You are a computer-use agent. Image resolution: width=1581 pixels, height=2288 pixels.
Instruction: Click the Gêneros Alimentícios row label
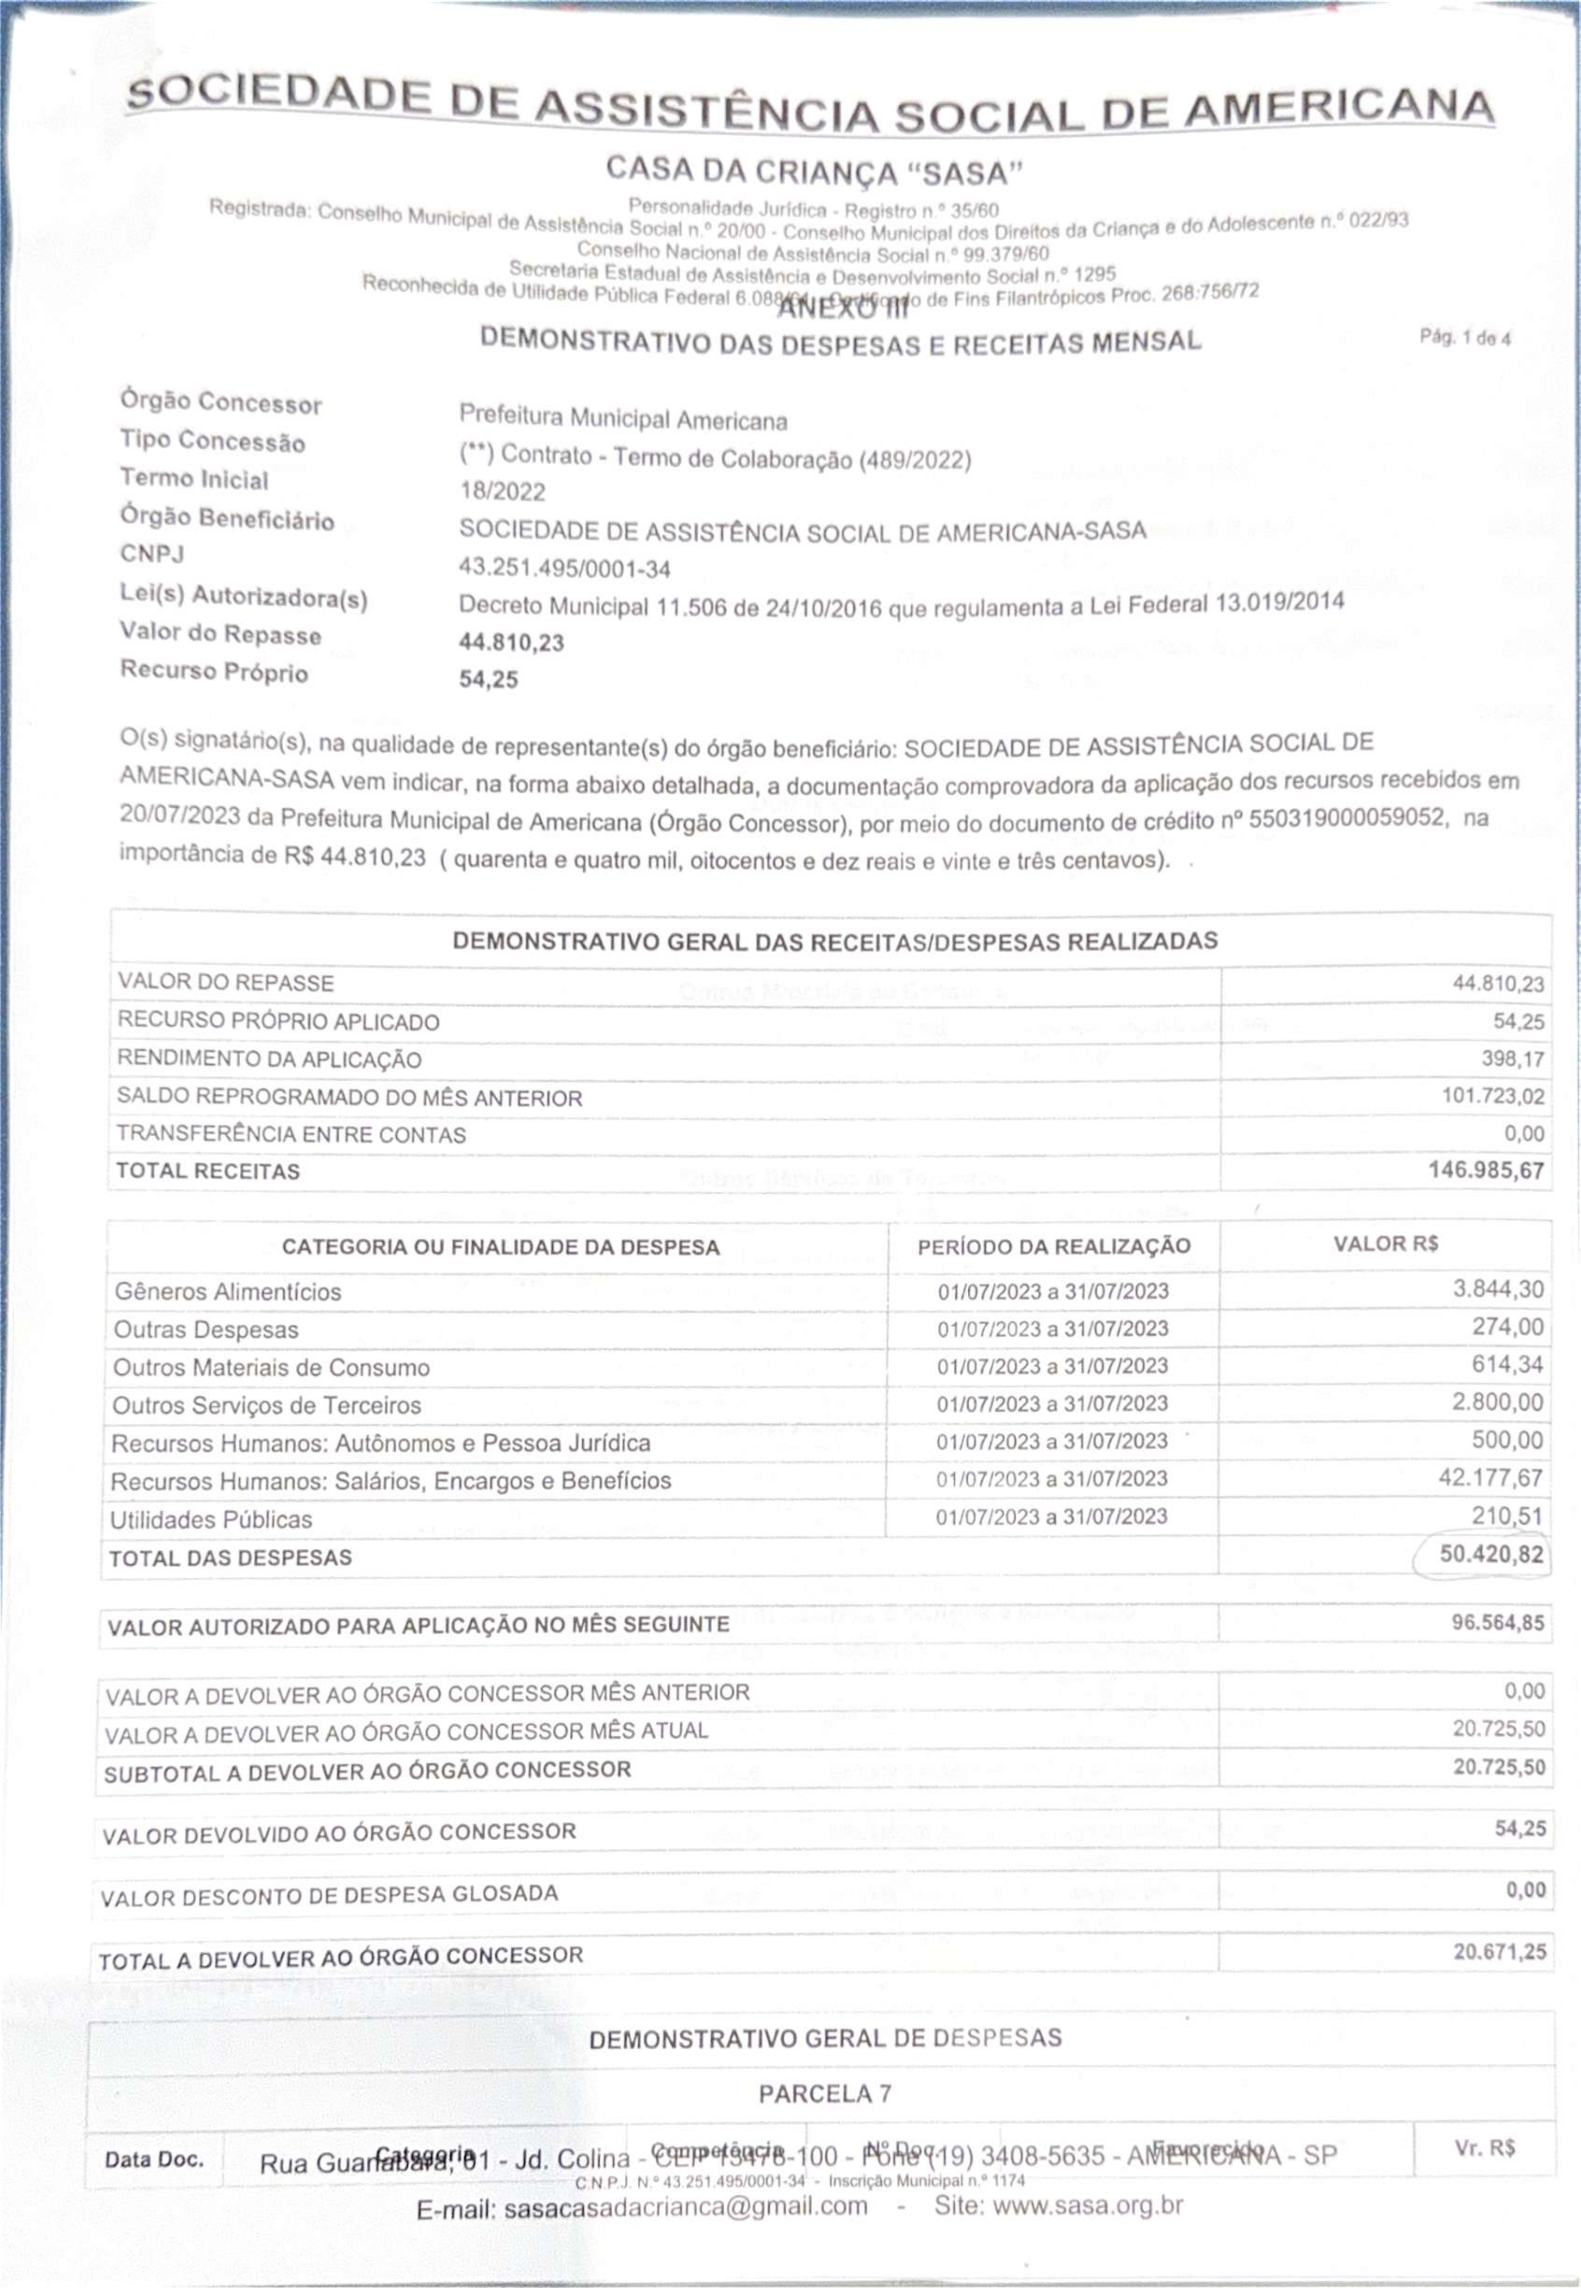228,1291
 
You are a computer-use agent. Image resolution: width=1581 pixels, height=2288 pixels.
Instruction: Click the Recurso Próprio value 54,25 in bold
488,680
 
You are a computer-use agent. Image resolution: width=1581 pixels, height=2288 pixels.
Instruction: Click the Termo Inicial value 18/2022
502,491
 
